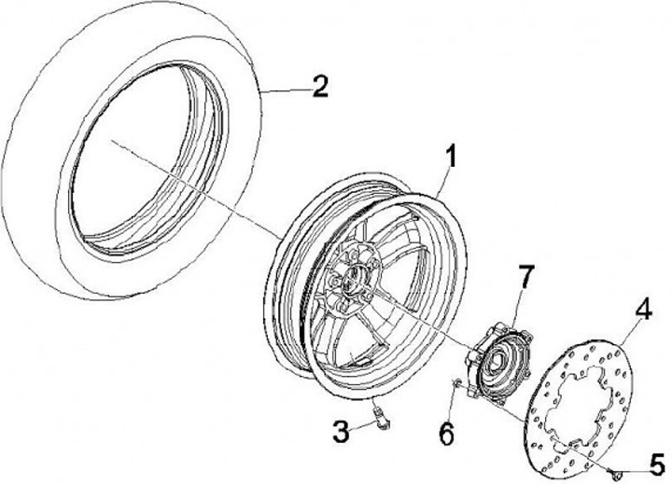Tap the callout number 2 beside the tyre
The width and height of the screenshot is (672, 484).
[319, 88]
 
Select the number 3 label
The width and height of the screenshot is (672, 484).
[343, 431]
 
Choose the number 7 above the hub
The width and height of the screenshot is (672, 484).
[525, 276]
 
